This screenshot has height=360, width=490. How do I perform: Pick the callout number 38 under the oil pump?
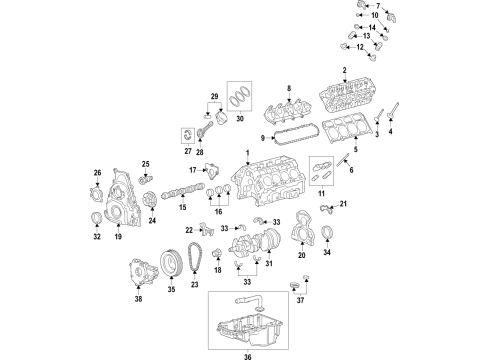click(x=137, y=298)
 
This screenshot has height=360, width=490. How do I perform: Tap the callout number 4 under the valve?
click(x=392, y=132)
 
